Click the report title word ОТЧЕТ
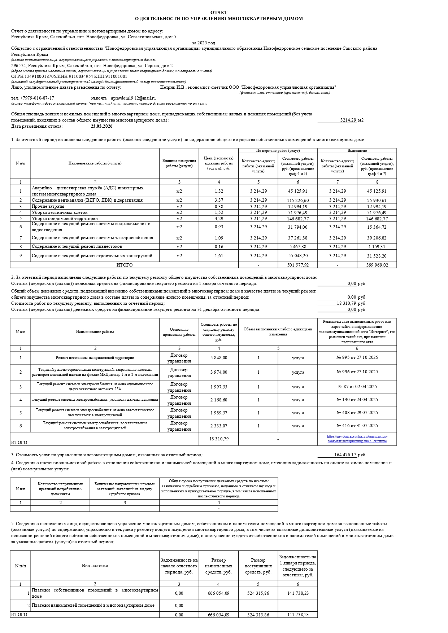(x=219, y=13)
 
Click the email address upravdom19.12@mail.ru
(x=133, y=98)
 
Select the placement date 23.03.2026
(x=101, y=126)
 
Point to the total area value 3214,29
(x=348, y=120)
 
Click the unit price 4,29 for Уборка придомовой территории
(x=218, y=219)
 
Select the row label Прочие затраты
(x=48, y=207)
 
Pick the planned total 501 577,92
(x=297, y=265)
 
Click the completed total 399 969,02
(x=377, y=265)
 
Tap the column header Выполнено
(x=357, y=151)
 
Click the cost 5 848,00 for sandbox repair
(x=218, y=358)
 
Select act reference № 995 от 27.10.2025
(x=357, y=357)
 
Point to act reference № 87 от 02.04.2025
(x=357, y=387)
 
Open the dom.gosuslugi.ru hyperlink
(x=357, y=439)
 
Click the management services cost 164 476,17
(x=345, y=455)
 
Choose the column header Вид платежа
(x=95, y=566)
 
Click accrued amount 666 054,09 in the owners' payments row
(x=218, y=593)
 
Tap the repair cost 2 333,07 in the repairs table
(x=218, y=426)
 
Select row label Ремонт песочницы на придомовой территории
(x=95, y=358)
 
